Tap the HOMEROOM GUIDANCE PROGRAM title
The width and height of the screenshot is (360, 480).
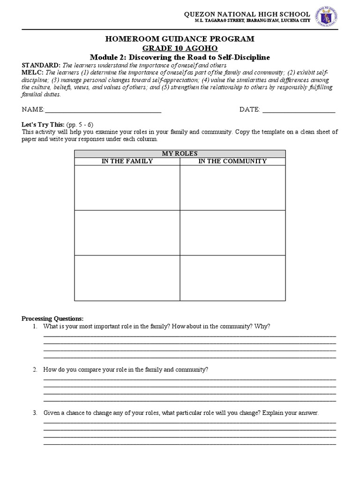[180, 39]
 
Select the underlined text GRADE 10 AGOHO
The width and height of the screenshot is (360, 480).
[180, 48]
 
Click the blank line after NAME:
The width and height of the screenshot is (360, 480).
[103, 110]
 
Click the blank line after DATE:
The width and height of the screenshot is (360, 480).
[299, 110]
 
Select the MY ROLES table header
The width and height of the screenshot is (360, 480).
[180, 154]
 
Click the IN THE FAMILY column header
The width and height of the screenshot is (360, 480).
[127, 161]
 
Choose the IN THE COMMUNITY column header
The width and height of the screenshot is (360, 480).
[232, 161]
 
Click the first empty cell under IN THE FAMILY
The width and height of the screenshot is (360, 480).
[127, 187]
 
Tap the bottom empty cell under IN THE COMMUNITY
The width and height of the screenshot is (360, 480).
[232, 277]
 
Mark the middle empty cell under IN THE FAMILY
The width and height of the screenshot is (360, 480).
[127, 232]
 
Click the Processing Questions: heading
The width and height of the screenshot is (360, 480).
[52, 319]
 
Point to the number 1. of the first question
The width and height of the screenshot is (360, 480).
[35, 326]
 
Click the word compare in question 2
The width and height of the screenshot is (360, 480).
[91, 370]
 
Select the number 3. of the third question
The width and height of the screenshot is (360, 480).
[35, 413]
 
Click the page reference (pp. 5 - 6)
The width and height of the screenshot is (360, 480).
[80, 125]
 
